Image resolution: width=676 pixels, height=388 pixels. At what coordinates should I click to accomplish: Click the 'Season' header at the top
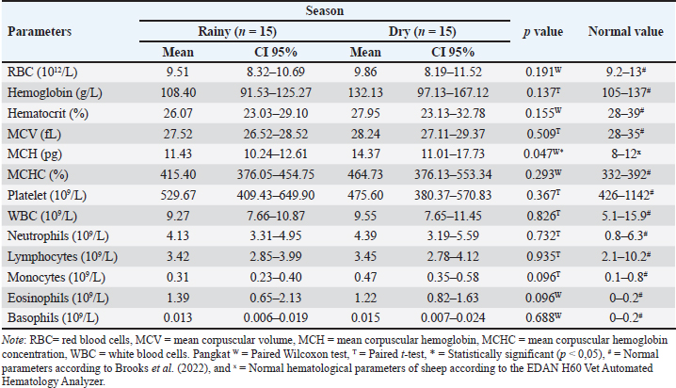point(325,10)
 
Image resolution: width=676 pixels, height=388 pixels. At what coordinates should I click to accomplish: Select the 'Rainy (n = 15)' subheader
point(237,31)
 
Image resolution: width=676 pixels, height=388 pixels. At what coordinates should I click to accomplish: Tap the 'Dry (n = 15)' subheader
point(422,31)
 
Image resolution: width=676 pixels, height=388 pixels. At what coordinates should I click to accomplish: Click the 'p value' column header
point(543,32)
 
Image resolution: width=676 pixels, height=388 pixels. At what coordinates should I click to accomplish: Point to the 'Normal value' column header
point(625,31)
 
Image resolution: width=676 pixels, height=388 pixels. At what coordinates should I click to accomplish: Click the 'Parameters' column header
point(40,31)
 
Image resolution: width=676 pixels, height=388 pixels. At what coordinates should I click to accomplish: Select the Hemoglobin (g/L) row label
point(55,92)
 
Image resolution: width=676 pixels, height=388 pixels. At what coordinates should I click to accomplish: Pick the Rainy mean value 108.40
point(178,92)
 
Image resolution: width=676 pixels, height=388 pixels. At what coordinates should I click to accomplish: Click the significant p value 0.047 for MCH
point(544,154)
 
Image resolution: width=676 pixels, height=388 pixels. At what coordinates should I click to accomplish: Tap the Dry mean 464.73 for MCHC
point(365,174)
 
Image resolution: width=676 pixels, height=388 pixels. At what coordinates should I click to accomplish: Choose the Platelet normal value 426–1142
point(625,195)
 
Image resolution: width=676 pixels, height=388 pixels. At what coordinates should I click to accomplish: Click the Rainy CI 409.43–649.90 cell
point(276,195)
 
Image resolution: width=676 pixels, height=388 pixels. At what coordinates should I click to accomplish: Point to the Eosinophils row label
point(57,298)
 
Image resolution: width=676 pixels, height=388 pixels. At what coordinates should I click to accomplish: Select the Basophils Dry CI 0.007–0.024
point(453,318)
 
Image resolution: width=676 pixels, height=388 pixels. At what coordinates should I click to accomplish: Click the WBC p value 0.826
point(543,216)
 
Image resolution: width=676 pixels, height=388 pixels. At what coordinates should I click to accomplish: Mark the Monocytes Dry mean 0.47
point(365,277)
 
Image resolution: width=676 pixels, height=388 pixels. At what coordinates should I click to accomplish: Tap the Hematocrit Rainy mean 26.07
point(178,113)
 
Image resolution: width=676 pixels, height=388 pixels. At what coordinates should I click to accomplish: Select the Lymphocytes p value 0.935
point(543,256)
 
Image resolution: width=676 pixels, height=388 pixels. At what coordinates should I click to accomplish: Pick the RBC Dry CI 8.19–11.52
point(453,72)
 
